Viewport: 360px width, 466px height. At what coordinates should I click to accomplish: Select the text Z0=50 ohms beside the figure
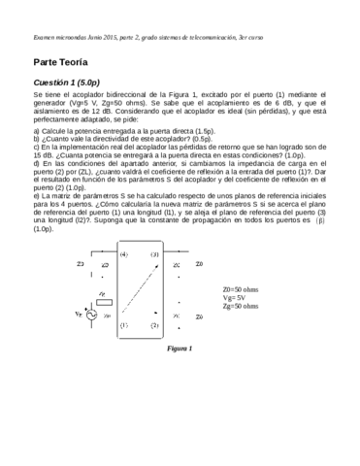240,289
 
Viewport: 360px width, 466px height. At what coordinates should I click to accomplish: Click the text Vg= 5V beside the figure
234,297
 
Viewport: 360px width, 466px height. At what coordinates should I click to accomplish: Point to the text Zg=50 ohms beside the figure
240,305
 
